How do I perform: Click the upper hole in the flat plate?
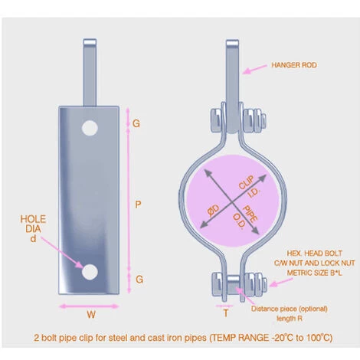[90, 128]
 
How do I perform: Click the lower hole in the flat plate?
[90, 271]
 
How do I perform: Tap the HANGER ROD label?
[294, 65]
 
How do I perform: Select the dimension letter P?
[138, 205]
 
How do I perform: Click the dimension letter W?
[91, 315]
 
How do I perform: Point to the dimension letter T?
[226, 313]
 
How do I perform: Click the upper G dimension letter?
[136, 123]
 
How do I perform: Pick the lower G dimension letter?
[139, 280]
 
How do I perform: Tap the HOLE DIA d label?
[33, 229]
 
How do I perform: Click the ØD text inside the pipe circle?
[214, 211]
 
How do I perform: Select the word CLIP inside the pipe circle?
[247, 182]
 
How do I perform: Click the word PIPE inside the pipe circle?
[250, 213]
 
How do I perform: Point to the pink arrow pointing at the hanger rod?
[254, 69]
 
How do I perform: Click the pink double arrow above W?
[89, 306]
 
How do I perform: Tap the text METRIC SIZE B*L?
[315, 273]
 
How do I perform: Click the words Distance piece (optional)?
[290, 309]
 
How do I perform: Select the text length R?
[290, 319]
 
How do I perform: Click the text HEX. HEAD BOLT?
[314, 254]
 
